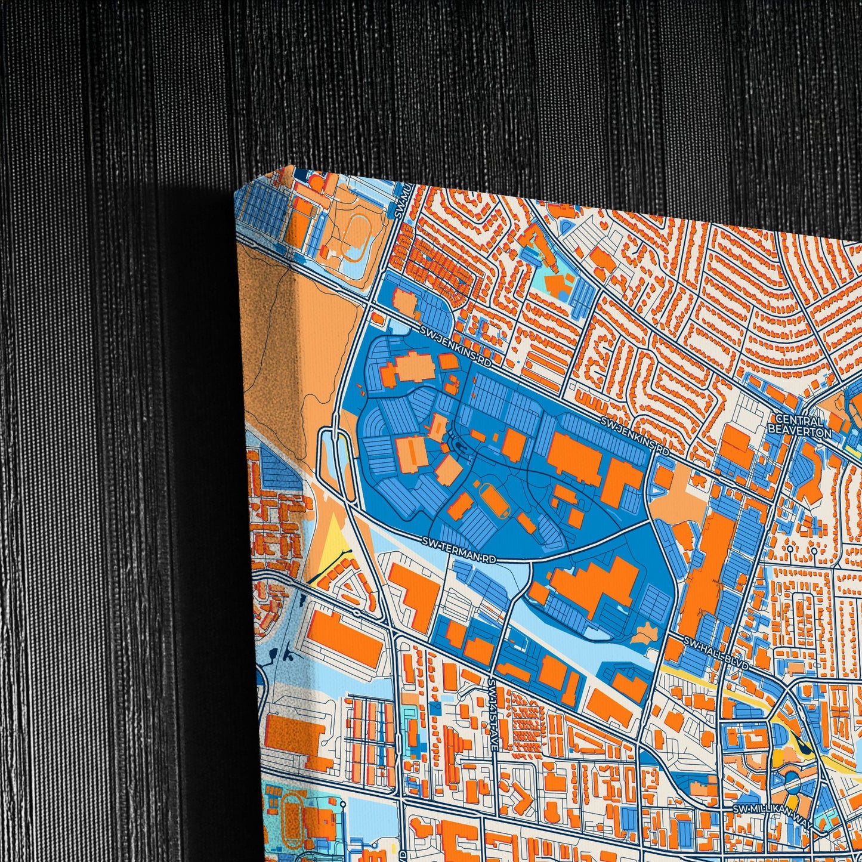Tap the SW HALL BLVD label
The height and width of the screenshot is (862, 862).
[x=715, y=652]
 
